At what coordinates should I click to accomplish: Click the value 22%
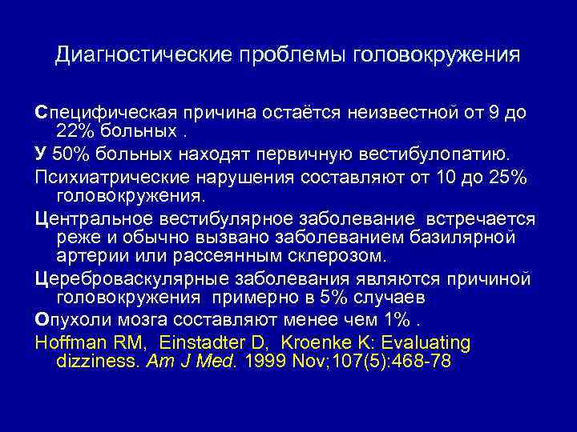[78, 130]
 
